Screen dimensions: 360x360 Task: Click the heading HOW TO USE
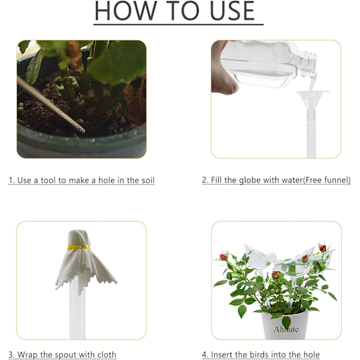[x=175, y=11]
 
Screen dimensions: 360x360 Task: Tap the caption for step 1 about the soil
[x=82, y=180]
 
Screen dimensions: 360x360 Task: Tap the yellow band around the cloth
[x=79, y=247]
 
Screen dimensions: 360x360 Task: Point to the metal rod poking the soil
[x=50, y=104]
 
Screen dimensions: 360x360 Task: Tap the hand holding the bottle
[x=222, y=69]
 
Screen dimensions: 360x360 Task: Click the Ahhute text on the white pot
[x=286, y=329]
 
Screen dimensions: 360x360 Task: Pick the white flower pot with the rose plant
[x=284, y=325]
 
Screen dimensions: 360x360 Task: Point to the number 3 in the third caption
[x=11, y=355]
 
